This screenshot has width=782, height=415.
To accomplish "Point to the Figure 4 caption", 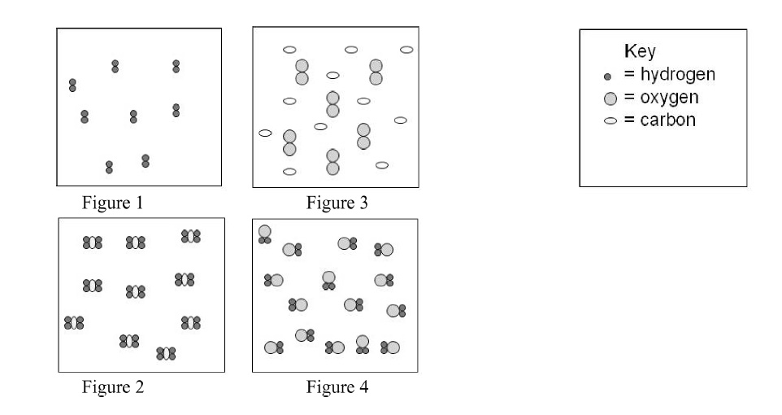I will pos(337,387).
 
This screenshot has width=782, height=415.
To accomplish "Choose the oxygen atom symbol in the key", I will pos(609,98).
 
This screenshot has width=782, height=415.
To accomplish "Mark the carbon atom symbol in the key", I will pos(609,121).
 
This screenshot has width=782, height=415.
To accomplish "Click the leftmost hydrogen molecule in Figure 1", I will pos(72,85).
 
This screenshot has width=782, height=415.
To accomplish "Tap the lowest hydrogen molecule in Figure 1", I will pos(109,167).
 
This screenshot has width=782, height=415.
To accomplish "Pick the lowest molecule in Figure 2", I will pos(166,353).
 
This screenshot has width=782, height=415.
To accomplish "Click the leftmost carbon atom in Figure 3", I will pos(265,133).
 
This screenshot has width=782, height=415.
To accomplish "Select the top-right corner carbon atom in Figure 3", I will pos(406,50).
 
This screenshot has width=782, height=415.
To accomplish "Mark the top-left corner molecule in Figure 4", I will pos(265,234).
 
